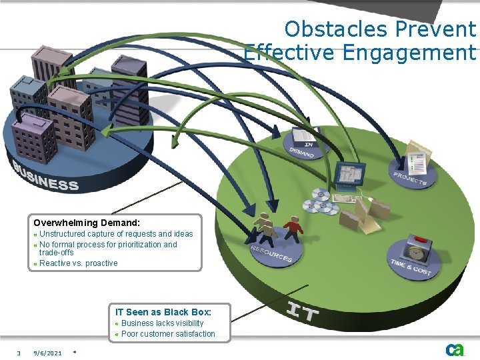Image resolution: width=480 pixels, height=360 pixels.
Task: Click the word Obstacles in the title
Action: pyautogui.click(x=336, y=29)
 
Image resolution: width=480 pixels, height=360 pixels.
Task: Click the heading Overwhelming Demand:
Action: pyautogui.click(x=87, y=223)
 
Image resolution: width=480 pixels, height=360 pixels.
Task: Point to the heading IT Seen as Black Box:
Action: pyautogui.click(x=163, y=312)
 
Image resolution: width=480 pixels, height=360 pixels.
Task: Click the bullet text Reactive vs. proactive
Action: pyautogui.click(x=78, y=263)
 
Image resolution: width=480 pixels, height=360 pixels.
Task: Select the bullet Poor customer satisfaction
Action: pyautogui.click(x=168, y=334)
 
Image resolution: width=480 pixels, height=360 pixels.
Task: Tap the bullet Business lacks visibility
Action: pyautogui.click(x=162, y=323)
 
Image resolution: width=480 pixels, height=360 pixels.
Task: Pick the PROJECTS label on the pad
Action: pyautogui.click(x=409, y=178)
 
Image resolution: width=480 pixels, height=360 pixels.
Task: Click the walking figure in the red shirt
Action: pyautogui.click(x=292, y=229)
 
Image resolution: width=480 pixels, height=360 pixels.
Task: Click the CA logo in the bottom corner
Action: pyautogui.click(x=455, y=349)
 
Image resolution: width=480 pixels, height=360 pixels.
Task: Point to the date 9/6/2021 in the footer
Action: pyautogui.click(x=47, y=353)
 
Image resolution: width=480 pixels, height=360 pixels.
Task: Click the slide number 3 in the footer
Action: pyautogui.click(x=19, y=353)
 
